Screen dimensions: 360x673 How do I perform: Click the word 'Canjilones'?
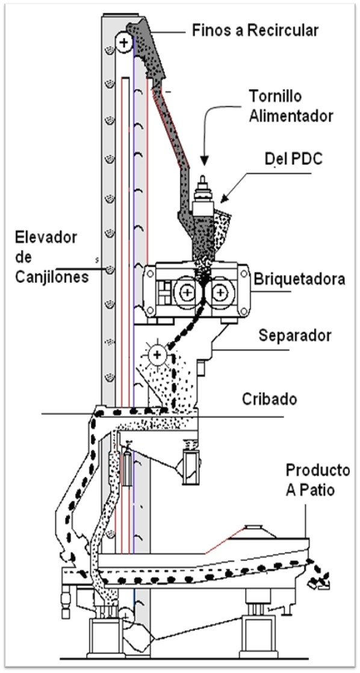[52, 278]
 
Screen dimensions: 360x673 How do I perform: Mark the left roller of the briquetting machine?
[187, 293]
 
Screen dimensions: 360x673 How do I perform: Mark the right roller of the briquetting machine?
[220, 293]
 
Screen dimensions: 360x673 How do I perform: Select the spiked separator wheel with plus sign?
[158, 355]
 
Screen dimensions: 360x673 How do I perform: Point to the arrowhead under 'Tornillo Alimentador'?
[204, 161]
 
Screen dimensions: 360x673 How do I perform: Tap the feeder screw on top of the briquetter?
[203, 197]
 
